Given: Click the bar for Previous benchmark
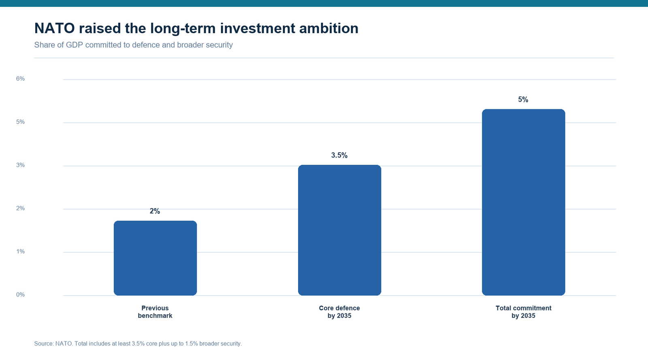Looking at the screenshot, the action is click(x=156, y=258).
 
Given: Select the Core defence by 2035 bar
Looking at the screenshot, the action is click(x=340, y=230).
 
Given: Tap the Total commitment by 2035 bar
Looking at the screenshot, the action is click(x=524, y=202).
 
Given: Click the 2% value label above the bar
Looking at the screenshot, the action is click(x=155, y=211).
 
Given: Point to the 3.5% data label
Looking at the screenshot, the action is click(x=339, y=155).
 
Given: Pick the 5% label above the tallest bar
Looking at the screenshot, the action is click(x=523, y=100).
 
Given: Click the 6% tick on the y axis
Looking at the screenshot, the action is click(x=20, y=79).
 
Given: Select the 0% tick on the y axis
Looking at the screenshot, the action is click(x=20, y=295).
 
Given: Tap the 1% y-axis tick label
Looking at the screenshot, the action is click(x=20, y=251).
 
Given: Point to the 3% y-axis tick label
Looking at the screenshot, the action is click(x=20, y=165).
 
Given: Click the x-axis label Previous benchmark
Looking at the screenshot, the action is click(x=155, y=312).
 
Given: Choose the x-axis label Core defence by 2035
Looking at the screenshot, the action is click(x=339, y=312).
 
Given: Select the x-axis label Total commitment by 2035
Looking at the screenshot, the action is click(x=523, y=312).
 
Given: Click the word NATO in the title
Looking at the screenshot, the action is click(x=54, y=28).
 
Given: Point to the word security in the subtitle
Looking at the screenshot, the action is click(x=220, y=45).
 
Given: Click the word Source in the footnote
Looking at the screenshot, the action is click(x=44, y=343).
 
